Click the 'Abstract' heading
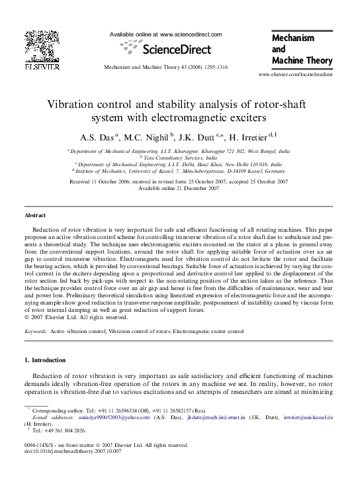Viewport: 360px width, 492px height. [x=35, y=216]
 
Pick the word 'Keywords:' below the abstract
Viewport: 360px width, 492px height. [x=39, y=329]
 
